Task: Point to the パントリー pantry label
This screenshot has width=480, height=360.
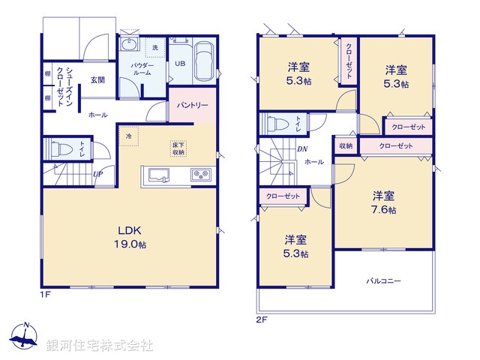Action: (x=193, y=106)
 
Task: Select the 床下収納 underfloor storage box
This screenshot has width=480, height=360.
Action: (x=178, y=148)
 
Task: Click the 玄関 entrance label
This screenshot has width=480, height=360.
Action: (x=97, y=79)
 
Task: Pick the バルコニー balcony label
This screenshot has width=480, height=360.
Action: (x=383, y=280)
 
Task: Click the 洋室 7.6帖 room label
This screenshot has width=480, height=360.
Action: (x=383, y=202)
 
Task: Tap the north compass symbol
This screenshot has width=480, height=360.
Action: (x=25, y=337)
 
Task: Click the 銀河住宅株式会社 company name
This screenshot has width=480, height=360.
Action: (x=100, y=346)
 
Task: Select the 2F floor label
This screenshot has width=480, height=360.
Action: (x=261, y=318)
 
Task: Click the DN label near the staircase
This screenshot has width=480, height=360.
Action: (x=301, y=148)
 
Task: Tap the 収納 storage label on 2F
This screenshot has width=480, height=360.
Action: (x=345, y=145)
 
